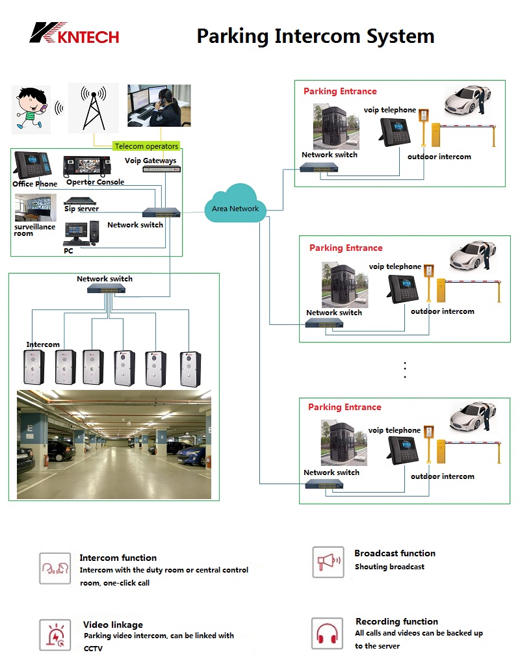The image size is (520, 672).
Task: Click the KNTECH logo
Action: [x=74, y=33]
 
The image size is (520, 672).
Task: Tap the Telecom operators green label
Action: [x=146, y=146]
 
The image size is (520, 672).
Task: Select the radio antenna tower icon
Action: [x=94, y=108]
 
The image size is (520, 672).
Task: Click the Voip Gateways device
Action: [x=161, y=169]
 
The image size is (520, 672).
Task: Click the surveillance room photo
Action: [x=35, y=208]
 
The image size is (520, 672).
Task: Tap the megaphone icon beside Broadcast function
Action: [x=328, y=562]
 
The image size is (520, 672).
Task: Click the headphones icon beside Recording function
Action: [x=327, y=634]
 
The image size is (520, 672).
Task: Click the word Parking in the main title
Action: [x=233, y=36]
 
